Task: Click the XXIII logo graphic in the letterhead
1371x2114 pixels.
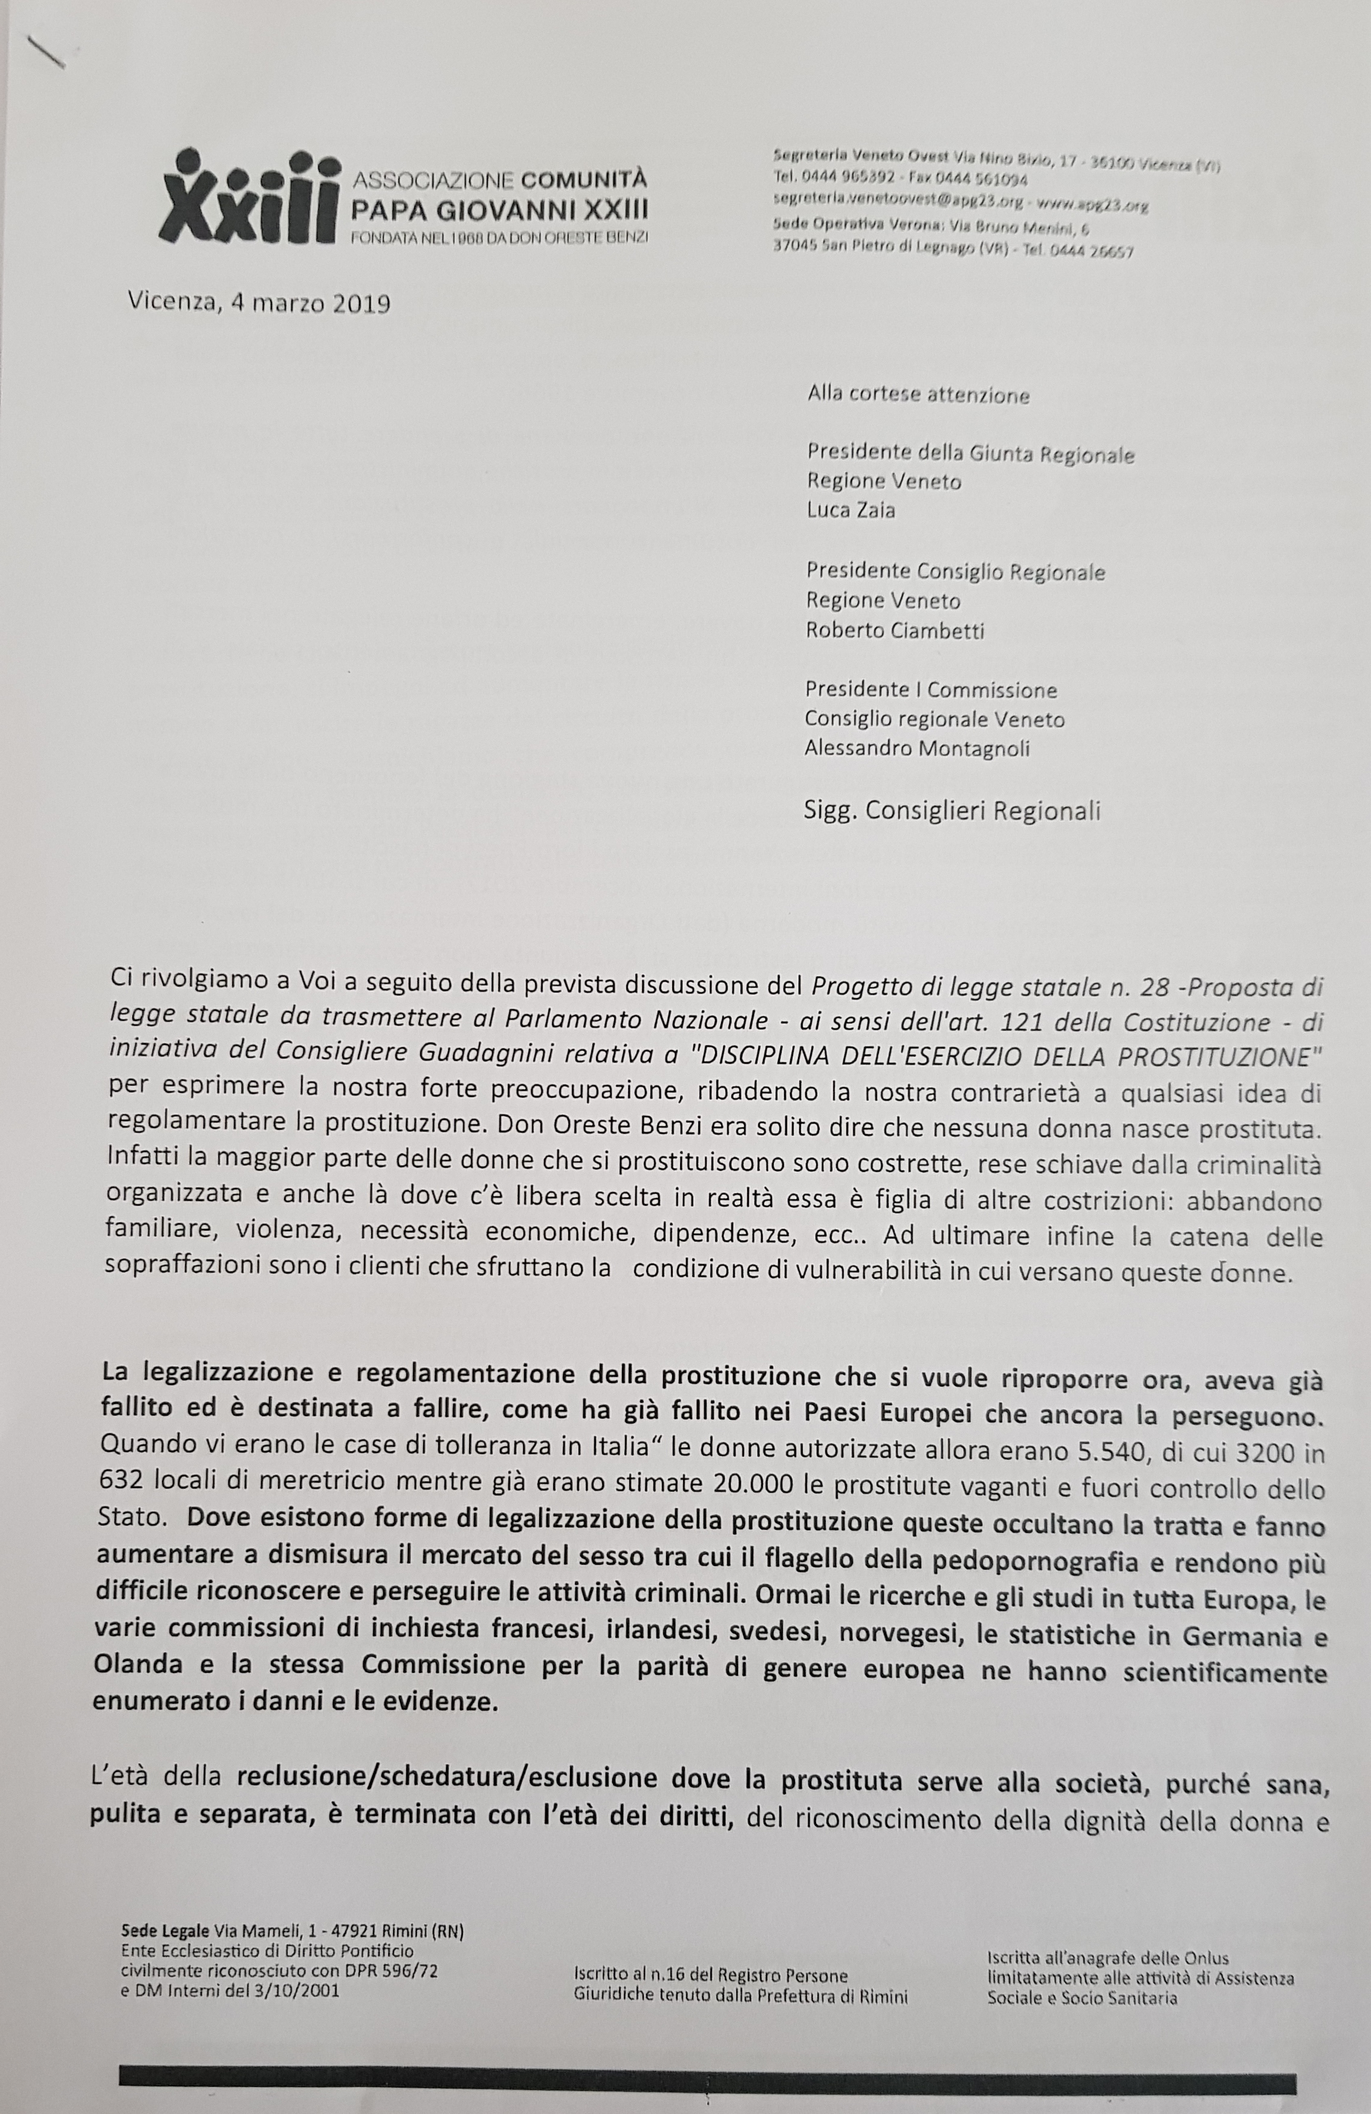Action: coord(251,197)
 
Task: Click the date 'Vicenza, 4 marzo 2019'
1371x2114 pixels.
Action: coord(259,304)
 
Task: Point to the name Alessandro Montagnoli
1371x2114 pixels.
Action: coord(917,748)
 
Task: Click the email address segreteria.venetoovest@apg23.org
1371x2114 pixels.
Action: coord(889,204)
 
